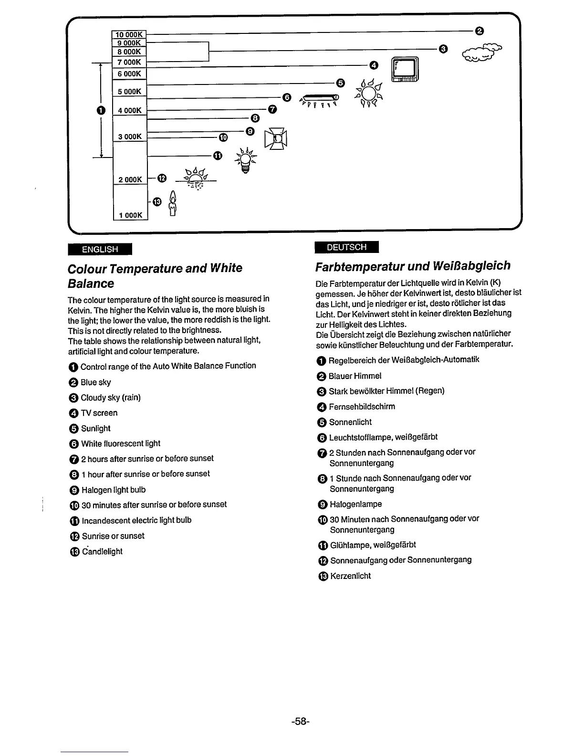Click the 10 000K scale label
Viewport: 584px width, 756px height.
(129, 34)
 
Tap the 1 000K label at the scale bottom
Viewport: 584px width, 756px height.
(130, 215)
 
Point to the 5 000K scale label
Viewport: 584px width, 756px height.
(129, 92)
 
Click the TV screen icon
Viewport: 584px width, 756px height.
(405, 70)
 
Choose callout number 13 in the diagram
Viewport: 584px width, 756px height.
(158, 201)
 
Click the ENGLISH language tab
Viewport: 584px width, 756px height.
(100, 249)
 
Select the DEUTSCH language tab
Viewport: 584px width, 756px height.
(347, 247)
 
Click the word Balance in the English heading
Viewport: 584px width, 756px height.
(91, 283)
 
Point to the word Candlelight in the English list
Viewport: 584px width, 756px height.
(102, 551)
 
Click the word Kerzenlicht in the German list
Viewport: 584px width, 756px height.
(350, 576)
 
